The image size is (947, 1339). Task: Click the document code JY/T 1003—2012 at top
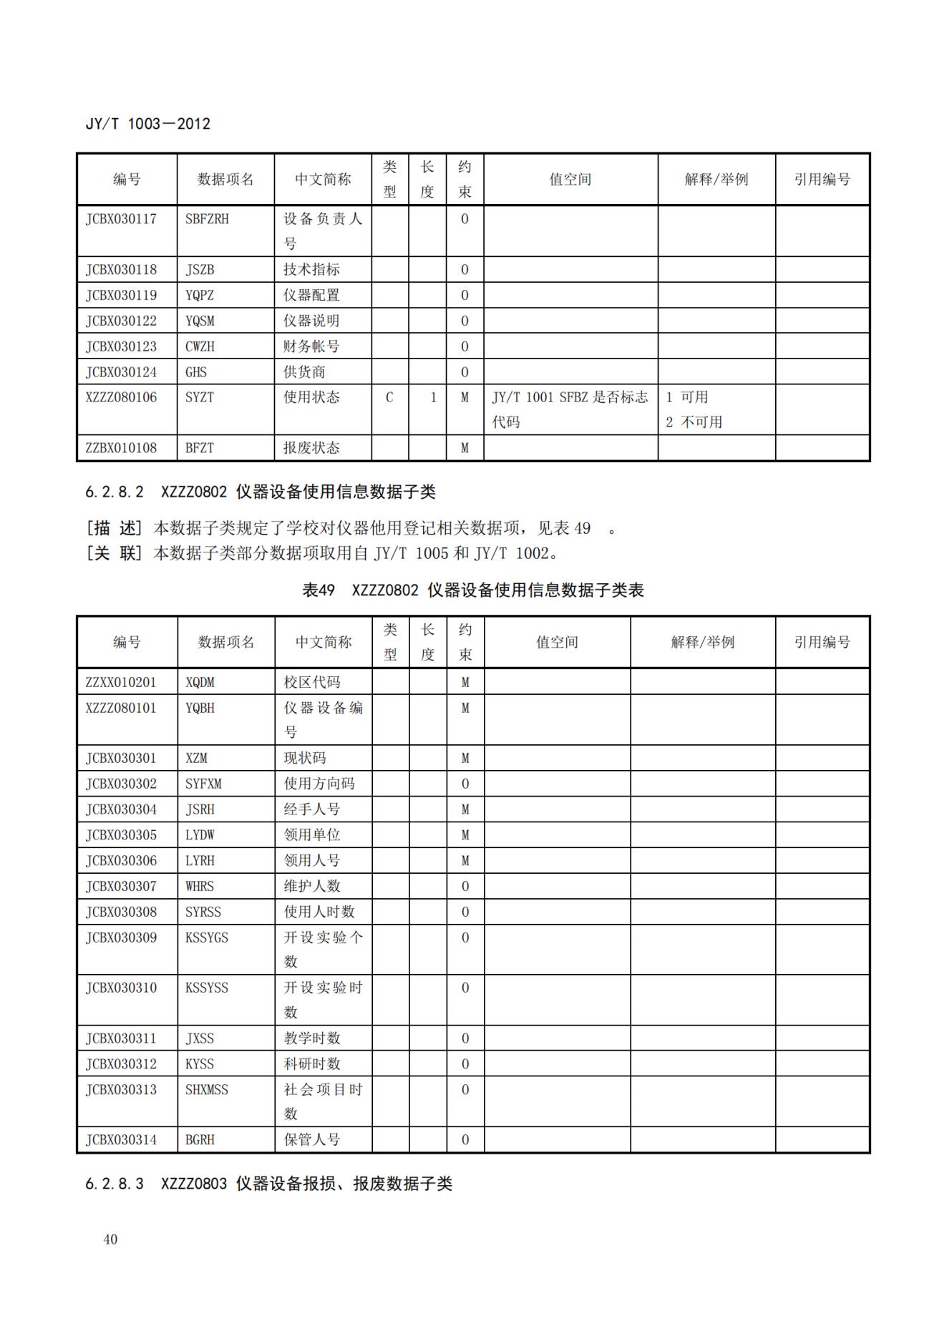coord(147,124)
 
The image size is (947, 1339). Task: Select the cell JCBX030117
coord(121,219)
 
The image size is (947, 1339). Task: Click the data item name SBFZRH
coord(207,219)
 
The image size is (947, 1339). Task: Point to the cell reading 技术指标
coord(311,270)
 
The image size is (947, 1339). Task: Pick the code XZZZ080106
coord(121,397)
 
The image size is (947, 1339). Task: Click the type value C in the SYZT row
coord(389,397)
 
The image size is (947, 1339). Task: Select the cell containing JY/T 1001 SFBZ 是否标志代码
coord(570,409)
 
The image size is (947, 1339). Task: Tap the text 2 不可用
coord(694,422)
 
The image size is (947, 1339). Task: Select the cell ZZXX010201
coord(121,682)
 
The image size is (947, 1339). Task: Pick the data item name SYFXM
coord(203,784)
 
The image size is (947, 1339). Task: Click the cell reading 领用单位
coord(312,835)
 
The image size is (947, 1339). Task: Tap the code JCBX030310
coord(121,988)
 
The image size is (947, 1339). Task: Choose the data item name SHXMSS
coord(207,1089)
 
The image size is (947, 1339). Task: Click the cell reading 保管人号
coord(312,1140)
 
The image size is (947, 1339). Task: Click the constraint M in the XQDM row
coord(465,682)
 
